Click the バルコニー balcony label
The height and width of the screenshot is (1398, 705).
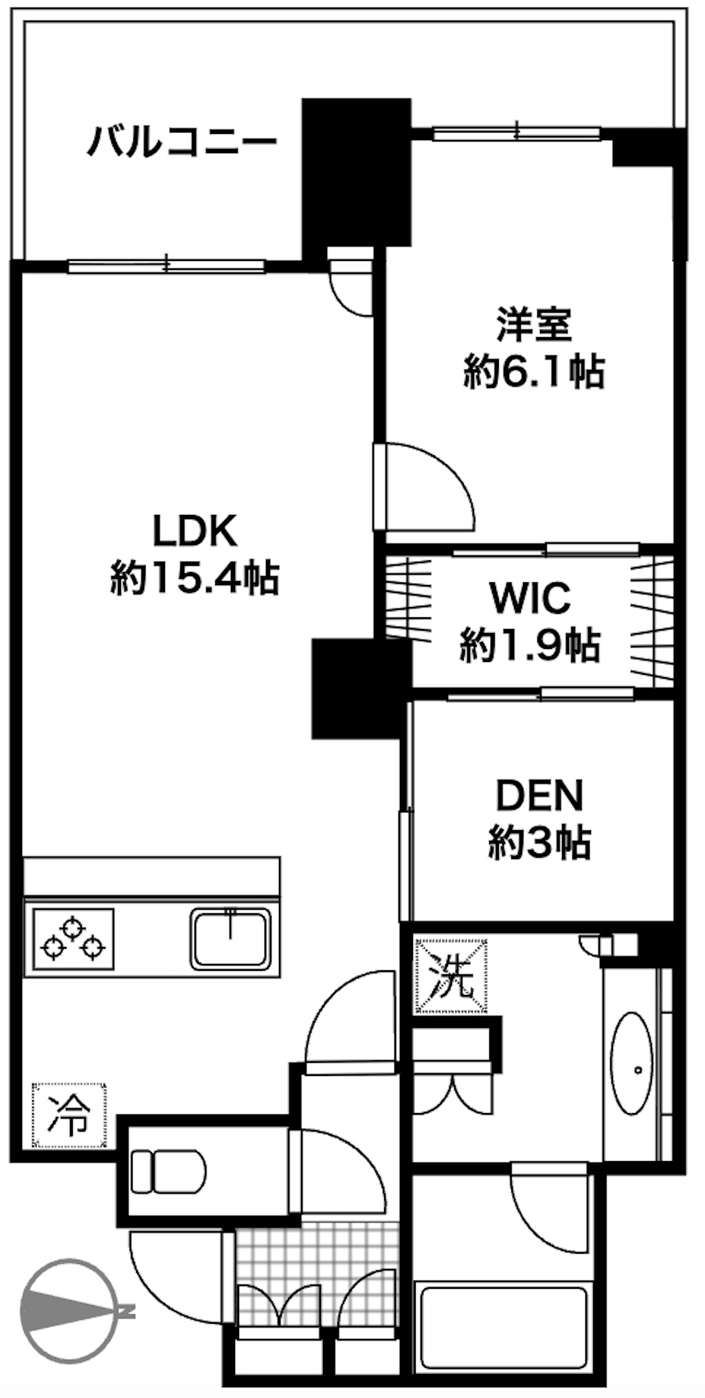pyautogui.click(x=181, y=142)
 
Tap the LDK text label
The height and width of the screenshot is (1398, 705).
pyautogui.click(x=194, y=531)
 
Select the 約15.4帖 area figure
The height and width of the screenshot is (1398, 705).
pyautogui.click(x=194, y=577)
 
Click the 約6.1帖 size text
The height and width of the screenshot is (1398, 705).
pyautogui.click(x=534, y=371)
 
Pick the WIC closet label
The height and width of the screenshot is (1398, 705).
pyautogui.click(x=529, y=597)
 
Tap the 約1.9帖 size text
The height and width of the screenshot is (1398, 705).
pyautogui.click(x=530, y=645)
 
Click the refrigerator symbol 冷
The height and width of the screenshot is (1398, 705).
pyautogui.click(x=70, y=1115)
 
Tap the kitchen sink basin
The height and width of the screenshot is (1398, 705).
pyautogui.click(x=231, y=938)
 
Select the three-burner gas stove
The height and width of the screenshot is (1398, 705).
pyautogui.click(x=71, y=939)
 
